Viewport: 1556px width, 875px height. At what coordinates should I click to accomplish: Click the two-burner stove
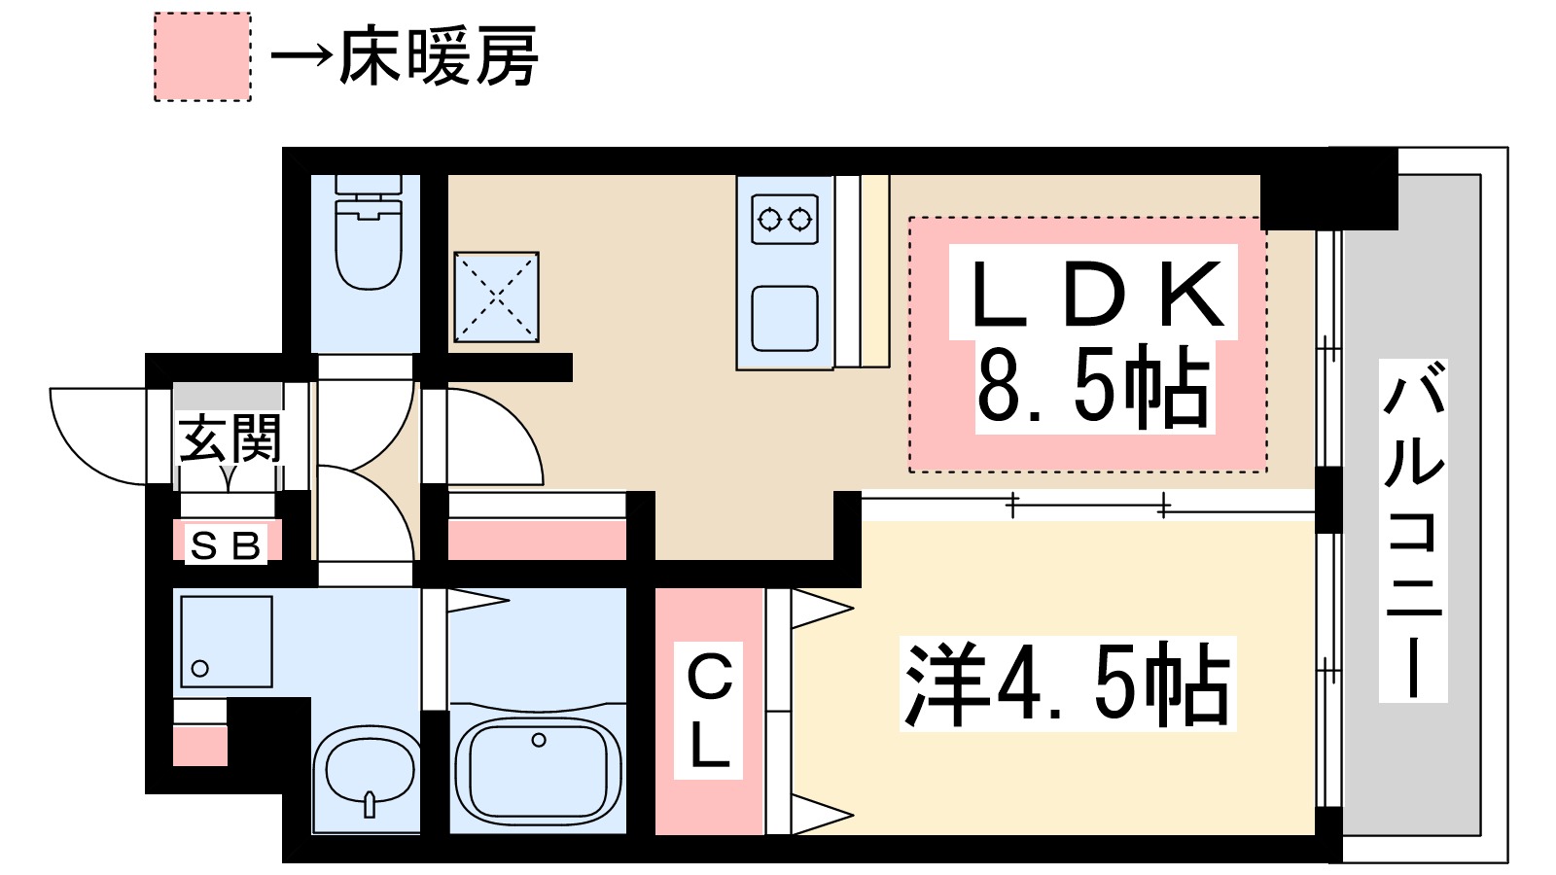[785, 219]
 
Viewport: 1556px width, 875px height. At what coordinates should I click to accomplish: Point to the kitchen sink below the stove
[785, 317]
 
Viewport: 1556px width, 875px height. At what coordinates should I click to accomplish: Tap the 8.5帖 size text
[1094, 388]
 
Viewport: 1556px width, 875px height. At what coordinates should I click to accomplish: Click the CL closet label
[709, 711]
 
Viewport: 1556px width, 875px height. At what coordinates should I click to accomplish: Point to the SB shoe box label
[227, 545]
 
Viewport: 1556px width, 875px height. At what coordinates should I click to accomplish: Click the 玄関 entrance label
[230, 438]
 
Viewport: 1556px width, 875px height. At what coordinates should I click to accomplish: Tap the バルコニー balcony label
[1413, 530]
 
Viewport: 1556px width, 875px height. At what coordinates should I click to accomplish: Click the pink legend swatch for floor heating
[202, 56]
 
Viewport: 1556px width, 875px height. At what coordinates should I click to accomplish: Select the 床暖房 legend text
[438, 56]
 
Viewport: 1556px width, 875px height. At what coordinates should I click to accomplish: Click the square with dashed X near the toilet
[496, 297]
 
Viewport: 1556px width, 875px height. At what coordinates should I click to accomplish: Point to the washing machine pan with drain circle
[226, 642]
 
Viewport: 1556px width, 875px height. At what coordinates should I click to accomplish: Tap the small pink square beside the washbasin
[200, 746]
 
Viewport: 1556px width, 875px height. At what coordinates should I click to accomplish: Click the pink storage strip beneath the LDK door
[536, 541]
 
